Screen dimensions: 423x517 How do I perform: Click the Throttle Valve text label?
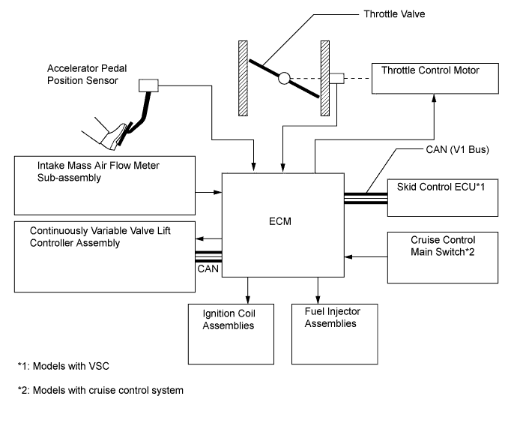[352, 14]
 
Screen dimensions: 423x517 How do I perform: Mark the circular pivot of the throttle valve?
[283, 77]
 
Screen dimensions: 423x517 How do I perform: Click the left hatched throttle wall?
[243, 78]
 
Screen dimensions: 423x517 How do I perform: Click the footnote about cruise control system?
[100, 389]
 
